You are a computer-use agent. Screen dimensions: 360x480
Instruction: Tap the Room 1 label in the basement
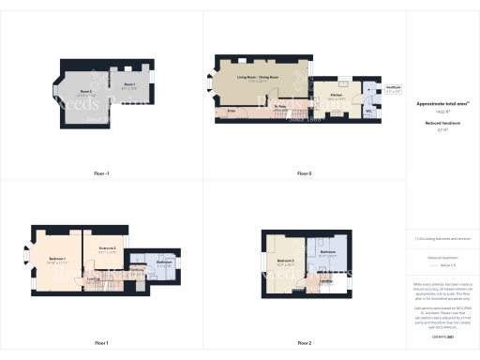pos(129,84)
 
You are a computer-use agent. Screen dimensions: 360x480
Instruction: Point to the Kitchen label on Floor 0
pos(336,96)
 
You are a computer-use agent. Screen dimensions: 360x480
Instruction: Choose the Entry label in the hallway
pos(232,111)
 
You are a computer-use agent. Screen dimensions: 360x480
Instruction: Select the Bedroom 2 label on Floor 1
pos(107,248)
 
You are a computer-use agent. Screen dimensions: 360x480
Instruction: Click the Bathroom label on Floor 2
pos(327,252)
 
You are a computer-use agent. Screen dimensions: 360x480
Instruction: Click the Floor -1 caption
pos(101,173)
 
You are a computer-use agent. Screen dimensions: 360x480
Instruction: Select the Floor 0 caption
pos(304,173)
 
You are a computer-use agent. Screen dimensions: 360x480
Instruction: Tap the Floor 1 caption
pos(101,342)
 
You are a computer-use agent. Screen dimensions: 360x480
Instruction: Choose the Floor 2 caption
pos(304,342)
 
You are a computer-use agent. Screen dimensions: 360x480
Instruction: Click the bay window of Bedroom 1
pos(26,253)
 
